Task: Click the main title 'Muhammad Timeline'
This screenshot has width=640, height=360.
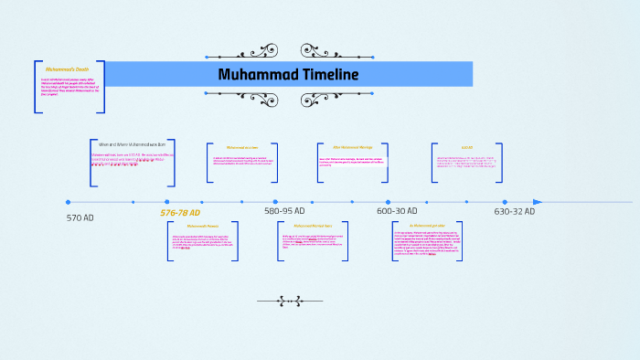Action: tap(288, 74)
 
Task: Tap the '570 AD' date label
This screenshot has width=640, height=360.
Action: tap(80, 217)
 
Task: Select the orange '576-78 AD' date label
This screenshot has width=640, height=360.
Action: tap(180, 213)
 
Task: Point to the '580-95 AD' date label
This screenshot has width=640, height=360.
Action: tap(284, 210)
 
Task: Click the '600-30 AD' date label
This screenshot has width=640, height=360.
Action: tap(397, 210)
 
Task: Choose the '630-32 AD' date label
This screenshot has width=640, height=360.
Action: tap(514, 210)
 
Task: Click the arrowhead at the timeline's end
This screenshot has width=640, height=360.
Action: tap(538, 202)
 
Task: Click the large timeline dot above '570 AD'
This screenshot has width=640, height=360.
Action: tap(68, 202)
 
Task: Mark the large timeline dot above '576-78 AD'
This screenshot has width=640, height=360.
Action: tap(167, 202)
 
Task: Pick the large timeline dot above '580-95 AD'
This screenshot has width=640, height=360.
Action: tap(275, 202)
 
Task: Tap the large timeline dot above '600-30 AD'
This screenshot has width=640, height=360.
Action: tap(388, 202)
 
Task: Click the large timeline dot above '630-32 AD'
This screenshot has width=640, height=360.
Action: tap(505, 202)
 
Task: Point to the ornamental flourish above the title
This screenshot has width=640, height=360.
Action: tap(289, 50)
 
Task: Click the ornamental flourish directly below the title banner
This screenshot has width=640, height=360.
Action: tap(289, 98)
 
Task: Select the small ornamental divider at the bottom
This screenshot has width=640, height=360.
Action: tap(280, 300)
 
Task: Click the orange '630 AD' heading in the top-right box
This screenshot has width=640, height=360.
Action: tap(466, 147)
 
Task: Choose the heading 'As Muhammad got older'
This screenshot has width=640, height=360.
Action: tap(426, 225)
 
